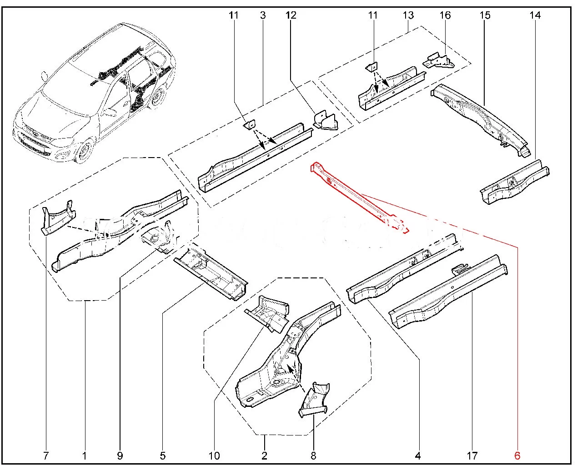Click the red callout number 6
(517, 455)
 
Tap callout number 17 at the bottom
(472, 455)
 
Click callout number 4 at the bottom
(418, 455)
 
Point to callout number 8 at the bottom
(313, 455)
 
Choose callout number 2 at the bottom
(264, 455)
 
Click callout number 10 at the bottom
(214, 455)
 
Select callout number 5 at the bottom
(162, 455)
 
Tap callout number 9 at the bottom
(120, 455)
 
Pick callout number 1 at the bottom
(85, 455)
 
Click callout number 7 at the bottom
(46, 455)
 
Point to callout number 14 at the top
(535, 15)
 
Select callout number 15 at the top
(485, 15)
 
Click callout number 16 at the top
(445, 15)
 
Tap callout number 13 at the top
(408, 15)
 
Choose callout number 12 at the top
(291, 15)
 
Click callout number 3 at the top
(263, 15)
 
